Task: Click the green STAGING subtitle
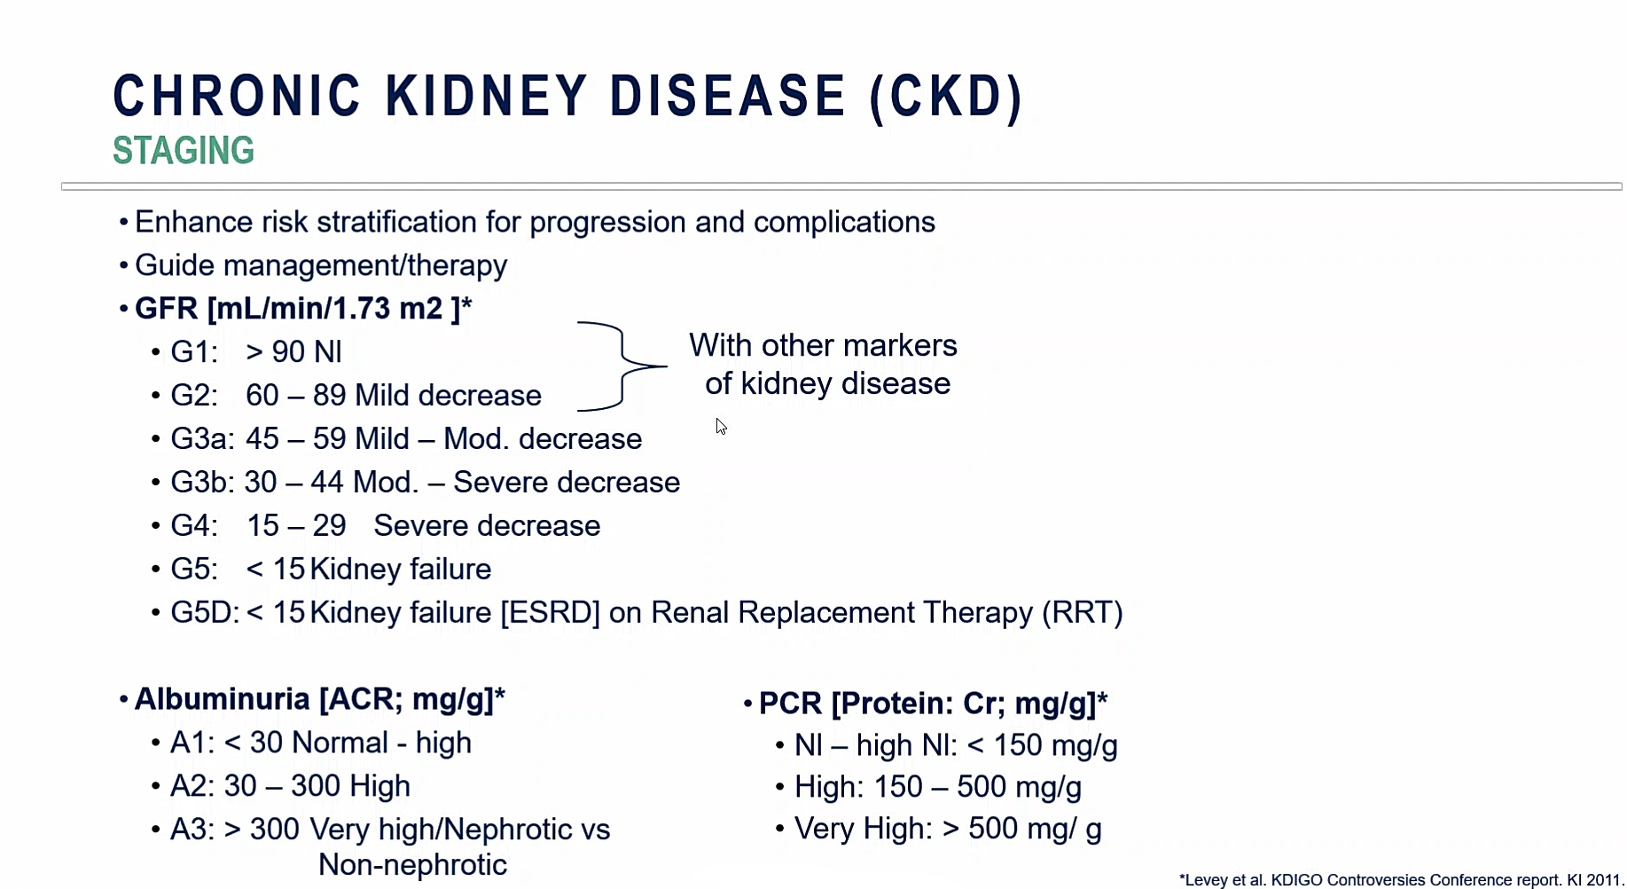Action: pos(184,151)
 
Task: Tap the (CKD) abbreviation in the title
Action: pos(947,97)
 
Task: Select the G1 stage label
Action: pos(193,352)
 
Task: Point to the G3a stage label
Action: pos(202,439)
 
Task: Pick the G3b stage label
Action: pos(202,483)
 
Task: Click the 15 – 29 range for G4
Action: pos(296,526)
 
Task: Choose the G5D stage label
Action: pos(205,613)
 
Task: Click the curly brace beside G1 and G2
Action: pos(623,366)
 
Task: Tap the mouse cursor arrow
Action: pos(721,427)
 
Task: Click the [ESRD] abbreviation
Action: pos(550,613)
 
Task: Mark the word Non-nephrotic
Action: pos(412,865)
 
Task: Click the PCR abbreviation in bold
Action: pos(791,704)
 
